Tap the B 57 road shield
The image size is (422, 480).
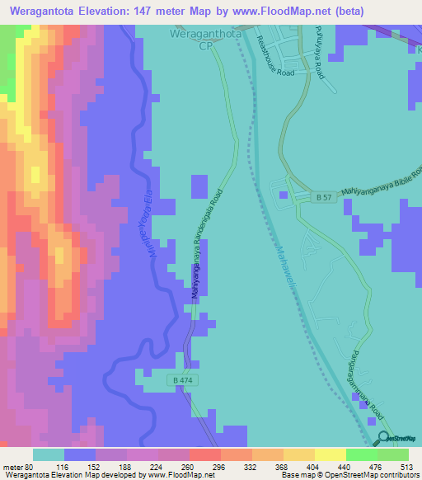pyautogui.click(x=326, y=198)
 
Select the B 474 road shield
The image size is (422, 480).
pyautogui.click(x=185, y=380)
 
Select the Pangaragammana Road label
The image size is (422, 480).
pyautogui.click(x=355, y=386)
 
